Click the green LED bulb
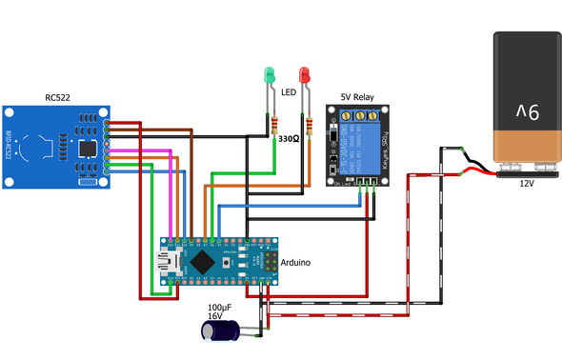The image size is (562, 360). (269, 73)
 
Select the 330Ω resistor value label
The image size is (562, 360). (289, 138)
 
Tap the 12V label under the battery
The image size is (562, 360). (527, 185)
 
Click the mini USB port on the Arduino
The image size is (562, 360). (171, 261)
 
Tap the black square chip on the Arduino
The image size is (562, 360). (202, 260)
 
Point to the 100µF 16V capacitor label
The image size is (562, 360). (220, 311)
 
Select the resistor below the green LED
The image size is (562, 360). (273, 125)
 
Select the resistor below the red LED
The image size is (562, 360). (310, 125)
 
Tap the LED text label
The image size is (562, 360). (289, 92)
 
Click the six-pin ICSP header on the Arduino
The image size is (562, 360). (272, 260)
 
